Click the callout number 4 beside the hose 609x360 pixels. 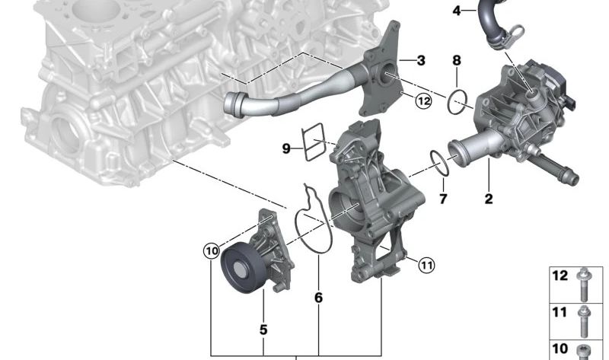point(457,11)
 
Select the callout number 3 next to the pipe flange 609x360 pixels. point(421,61)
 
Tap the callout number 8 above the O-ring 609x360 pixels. point(457,60)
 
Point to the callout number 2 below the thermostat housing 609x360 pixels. point(489,199)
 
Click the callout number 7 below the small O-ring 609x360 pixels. point(443,199)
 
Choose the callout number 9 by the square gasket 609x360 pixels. point(286,148)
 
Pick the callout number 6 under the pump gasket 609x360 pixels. point(318,298)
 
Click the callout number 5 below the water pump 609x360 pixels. point(263,330)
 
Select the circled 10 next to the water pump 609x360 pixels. point(212,251)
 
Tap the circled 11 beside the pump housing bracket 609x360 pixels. point(426,265)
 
